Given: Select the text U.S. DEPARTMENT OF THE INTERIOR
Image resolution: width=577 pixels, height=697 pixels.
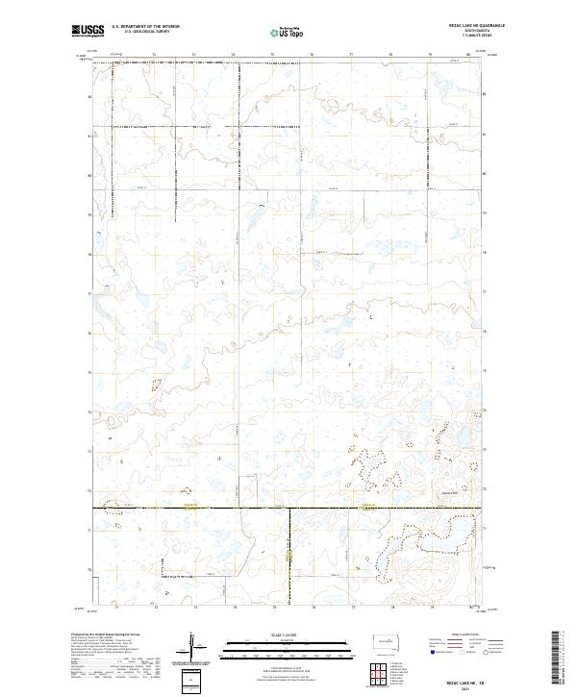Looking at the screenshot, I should point(146,26).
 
